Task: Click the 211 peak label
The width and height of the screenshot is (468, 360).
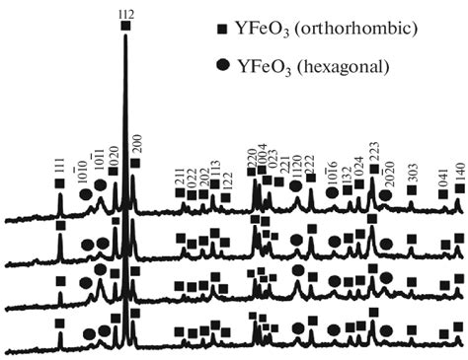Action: coord(180,178)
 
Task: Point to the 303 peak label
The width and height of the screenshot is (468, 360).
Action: coord(412,176)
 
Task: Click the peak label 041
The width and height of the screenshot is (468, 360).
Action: coord(443,178)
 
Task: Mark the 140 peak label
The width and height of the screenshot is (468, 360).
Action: coord(458,171)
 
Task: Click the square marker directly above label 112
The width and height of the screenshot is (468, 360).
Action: coord(124,27)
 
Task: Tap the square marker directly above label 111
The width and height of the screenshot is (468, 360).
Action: coord(60,183)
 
